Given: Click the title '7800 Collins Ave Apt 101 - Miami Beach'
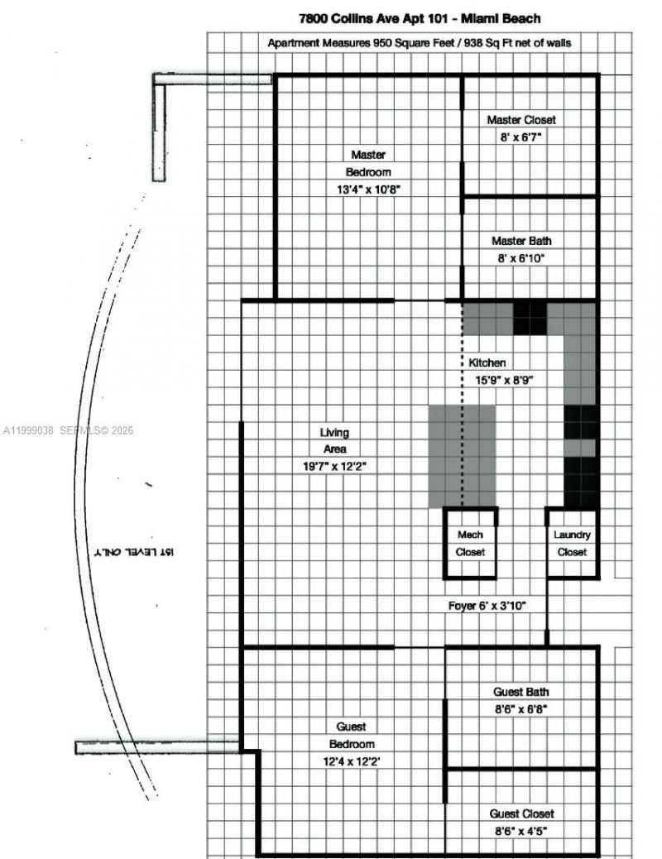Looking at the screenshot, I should coord(420,17).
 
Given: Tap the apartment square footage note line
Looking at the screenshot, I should coord(419,42).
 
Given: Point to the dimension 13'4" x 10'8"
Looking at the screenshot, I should coord(367,189).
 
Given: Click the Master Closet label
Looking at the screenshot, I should coord(521,120).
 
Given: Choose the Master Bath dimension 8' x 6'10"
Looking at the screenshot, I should coord(521,258).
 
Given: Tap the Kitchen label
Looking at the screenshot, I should coord(487,362).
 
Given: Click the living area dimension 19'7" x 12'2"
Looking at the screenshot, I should coord(334,466).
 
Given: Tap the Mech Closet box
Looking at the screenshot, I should coord(470,543).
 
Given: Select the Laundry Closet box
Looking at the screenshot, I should coord(572,543).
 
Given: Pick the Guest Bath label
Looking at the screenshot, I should coord(520,692).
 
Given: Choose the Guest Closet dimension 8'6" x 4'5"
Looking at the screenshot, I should coord(521,831).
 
